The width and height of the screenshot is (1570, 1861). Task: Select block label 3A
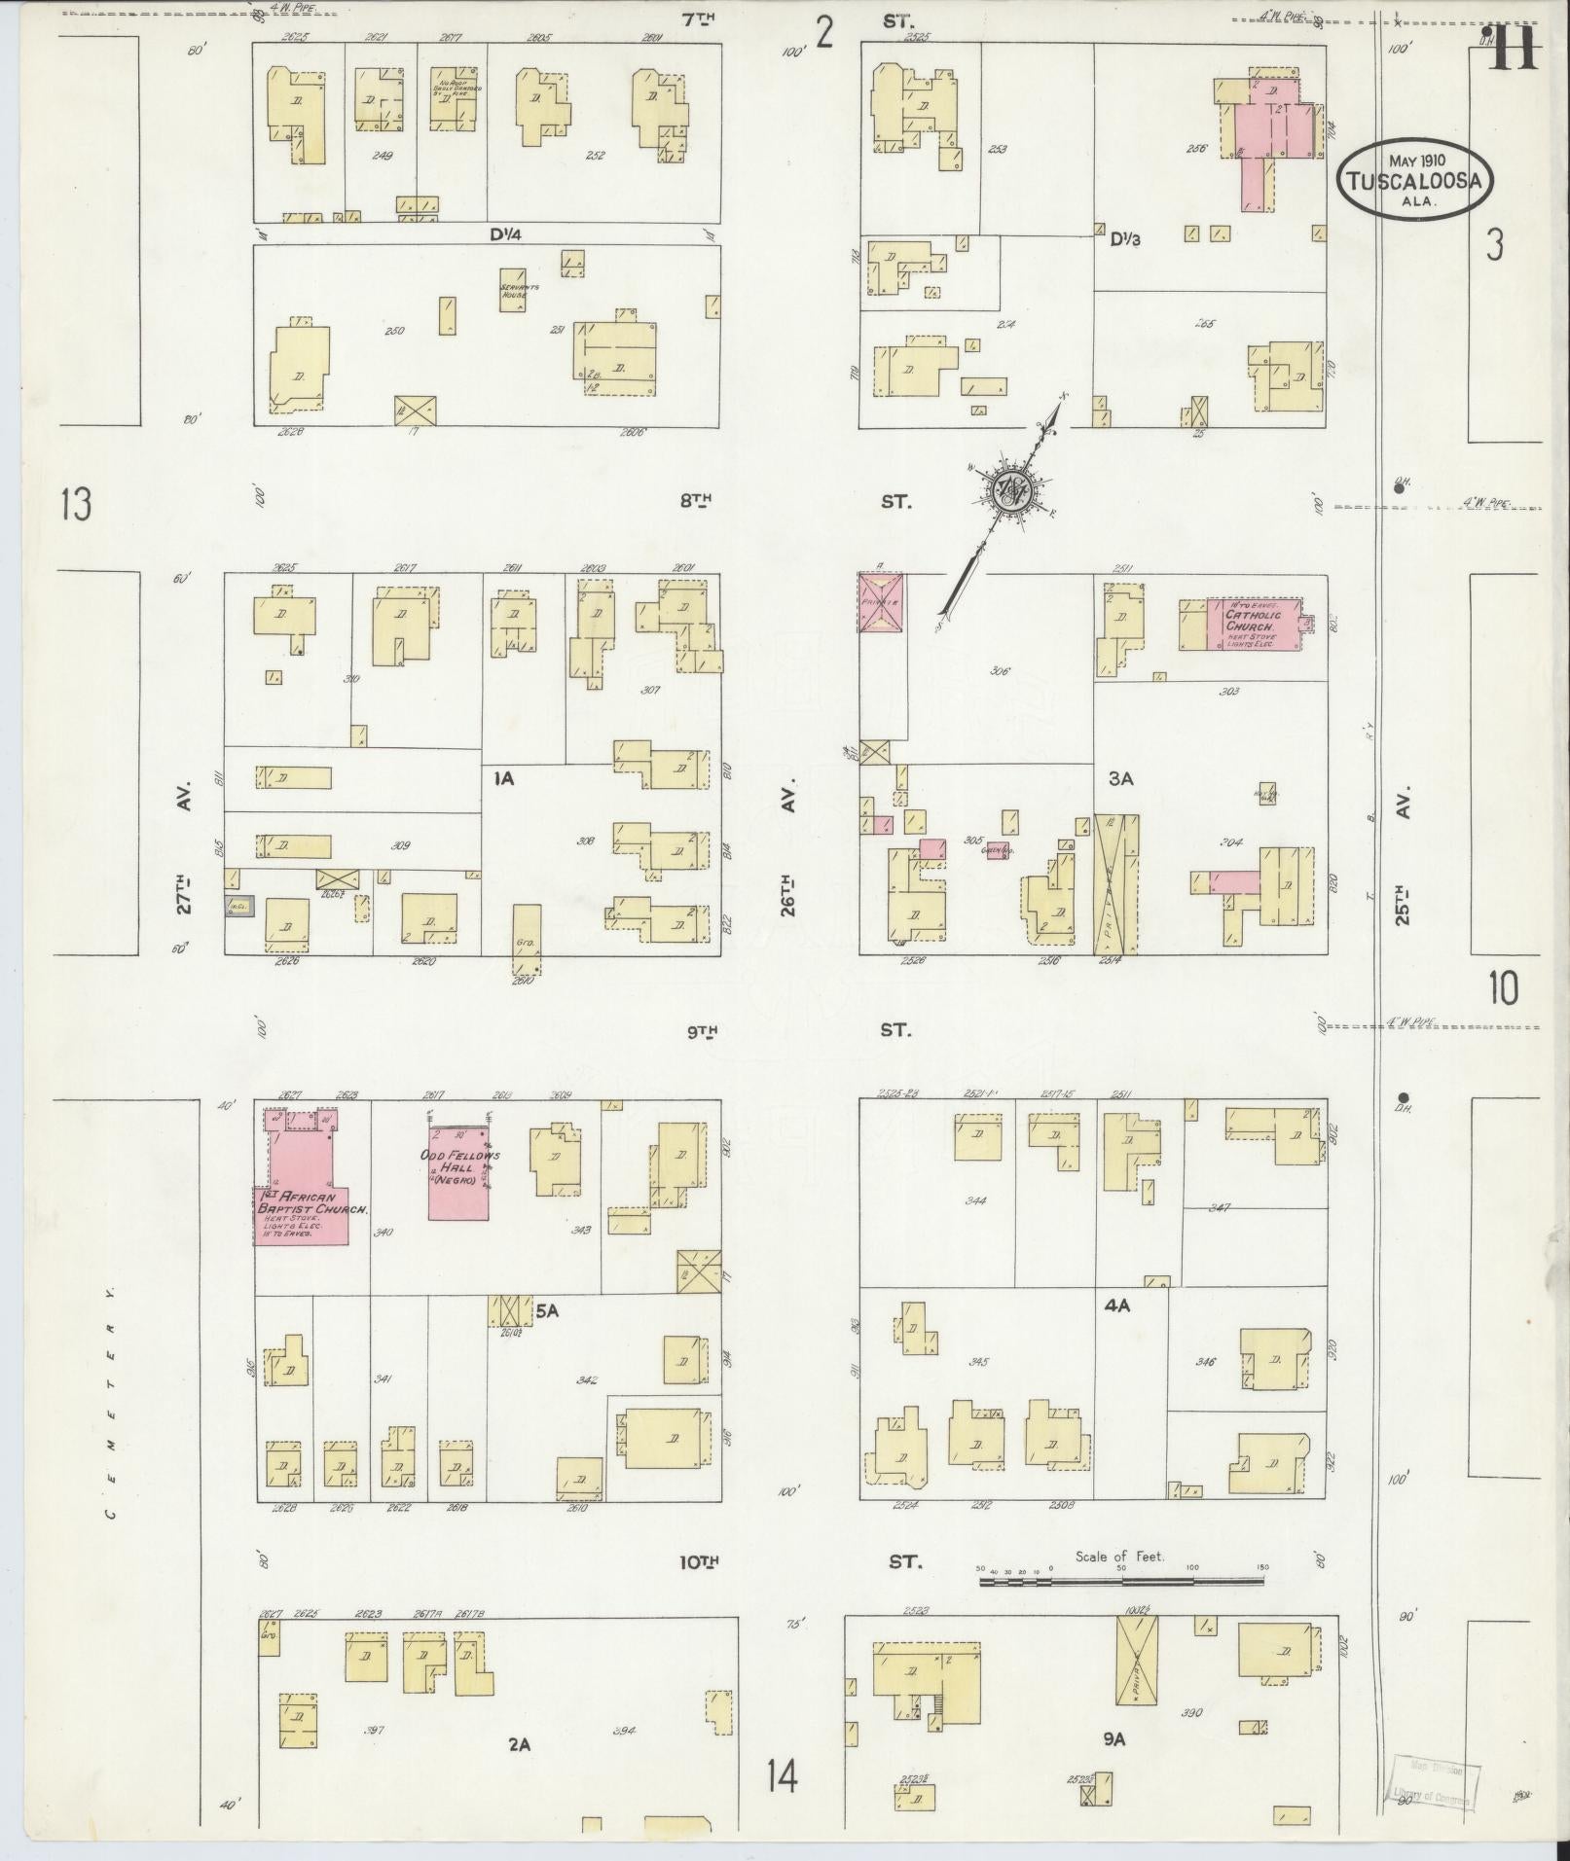pos(1120,778)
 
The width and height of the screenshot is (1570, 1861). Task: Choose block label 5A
pos(546,1310)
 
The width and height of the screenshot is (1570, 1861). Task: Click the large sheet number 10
pos(1502,988)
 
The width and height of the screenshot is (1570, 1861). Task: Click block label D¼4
pos(496,233)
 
